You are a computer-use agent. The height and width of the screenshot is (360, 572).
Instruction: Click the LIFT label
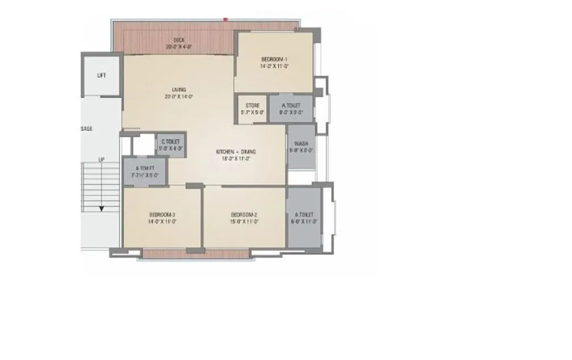coord(102,75)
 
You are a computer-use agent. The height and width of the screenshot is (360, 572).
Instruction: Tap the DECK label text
coord(179,40)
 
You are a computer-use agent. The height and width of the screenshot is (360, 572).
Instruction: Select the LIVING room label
coord(180,89)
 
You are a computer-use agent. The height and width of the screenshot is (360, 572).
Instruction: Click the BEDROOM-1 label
coord(275,60)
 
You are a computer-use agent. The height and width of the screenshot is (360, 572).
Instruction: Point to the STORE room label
coord(252,106)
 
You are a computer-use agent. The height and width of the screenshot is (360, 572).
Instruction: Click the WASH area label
coord(301,144)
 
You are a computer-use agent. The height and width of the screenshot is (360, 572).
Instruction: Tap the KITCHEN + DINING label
coord(236,152)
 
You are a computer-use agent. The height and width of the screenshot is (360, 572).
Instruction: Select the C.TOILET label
coord(171,142)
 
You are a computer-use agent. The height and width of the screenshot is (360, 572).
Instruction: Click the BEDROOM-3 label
coord(162,214)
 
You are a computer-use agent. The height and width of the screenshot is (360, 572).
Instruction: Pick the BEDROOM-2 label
coord(244,214)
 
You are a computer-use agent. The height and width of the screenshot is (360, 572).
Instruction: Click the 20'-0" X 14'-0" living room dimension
coord(180,96)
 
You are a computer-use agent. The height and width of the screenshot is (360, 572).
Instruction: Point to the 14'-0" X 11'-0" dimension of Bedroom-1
coord(275,67)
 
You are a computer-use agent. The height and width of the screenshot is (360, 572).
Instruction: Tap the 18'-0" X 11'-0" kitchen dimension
coord(236,159)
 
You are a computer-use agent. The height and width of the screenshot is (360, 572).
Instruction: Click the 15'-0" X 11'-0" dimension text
coord(244,221)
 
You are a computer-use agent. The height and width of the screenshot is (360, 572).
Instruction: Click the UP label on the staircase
coord(101,160)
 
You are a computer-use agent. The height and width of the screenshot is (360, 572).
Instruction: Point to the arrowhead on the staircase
coord(101,209)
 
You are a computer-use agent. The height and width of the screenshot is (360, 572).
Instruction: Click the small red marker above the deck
coord(226,19)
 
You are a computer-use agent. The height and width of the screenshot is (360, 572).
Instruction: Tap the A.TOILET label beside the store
coord(291,106)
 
